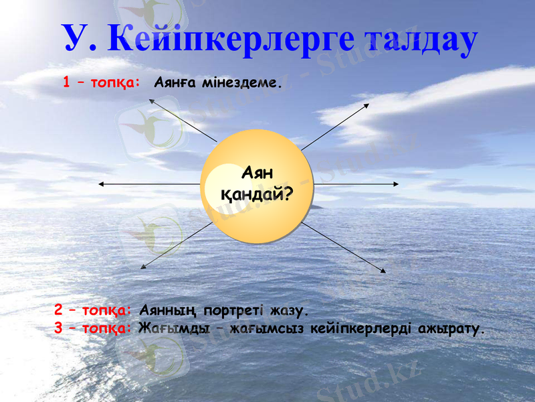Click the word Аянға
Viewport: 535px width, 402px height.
point(175,84)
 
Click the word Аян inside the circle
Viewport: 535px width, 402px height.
point(259,174)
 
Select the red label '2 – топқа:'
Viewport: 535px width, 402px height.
point(93,312)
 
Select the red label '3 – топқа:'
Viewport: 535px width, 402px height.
point(93,329)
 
